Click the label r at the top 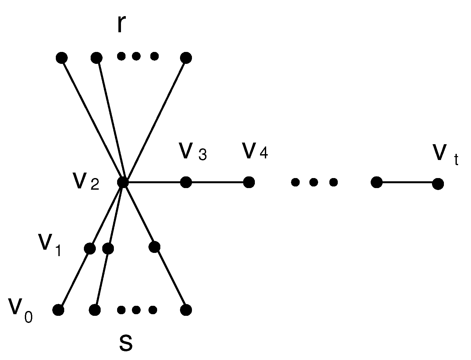tap(120, 24)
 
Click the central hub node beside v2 tap(123, 182)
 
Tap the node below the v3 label tap(186, 182)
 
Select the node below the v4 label tap(249, 182)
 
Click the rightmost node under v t tap(438, 184)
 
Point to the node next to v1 tap(90, 248)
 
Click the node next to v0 tap(58, 310)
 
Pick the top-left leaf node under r tap(62, 58)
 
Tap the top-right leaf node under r tap(186, 58)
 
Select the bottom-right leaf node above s tap(186, 310)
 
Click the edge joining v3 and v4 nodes tap(217, 182)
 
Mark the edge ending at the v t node tap(407, 183)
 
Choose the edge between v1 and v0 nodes tap(74, 279)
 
